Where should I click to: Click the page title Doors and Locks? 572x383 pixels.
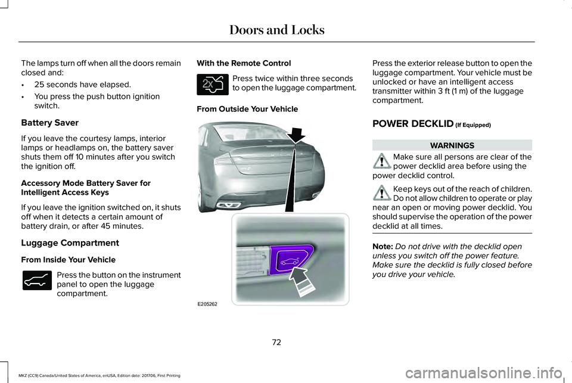click(x=277, y=30)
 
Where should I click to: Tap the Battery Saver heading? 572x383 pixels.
click(x=49, y=123)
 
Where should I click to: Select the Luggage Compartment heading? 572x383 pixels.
click(x=70, y=243)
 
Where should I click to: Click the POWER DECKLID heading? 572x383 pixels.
click(x=412, y=124)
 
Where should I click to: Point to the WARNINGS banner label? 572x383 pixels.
click(x=452, y=145)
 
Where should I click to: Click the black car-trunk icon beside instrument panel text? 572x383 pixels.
click(x=37, y=281)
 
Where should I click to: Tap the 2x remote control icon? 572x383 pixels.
click(x=213, y=84)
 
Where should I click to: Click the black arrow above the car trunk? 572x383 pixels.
click(x=296, y=135)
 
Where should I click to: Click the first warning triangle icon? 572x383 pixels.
click(x=382, y=161)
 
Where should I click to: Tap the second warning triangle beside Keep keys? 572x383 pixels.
click(x=382, y=192)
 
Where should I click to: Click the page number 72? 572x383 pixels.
click(x=276, y=342)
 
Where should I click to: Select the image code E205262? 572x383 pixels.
click(x=207, y=304)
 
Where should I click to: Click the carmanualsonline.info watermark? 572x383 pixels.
click(x=483, y=373)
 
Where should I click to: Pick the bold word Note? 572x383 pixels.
click(x=383, y=246)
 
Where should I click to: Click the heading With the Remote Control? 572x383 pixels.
click(x=244, y=63)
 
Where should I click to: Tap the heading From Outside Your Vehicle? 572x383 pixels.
click(x=247, y=109)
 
